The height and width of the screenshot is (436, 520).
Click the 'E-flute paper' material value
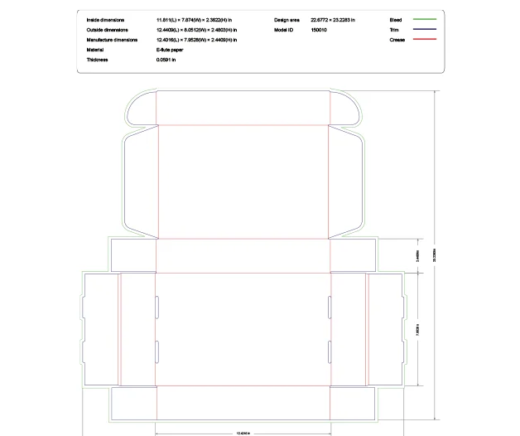point(170,50)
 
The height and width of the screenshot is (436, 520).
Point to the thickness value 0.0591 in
point(168,60)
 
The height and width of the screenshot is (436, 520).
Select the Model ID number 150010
point(319,29)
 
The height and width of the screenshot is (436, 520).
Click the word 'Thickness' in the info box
point(98,60)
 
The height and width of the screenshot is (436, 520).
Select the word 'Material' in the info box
point(94,50)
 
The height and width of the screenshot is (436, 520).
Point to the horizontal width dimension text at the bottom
point(243,432)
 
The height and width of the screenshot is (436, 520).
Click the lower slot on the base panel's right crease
point(330,348)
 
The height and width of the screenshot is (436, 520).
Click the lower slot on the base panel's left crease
point(156,348)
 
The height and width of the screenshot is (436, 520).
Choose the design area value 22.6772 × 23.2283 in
point(333,18)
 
